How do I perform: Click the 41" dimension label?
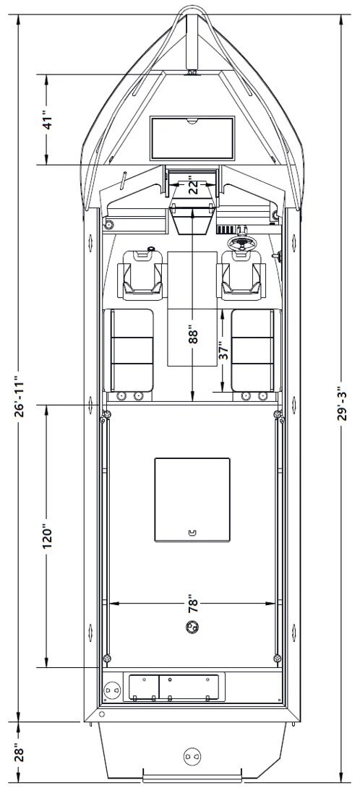coord(47,119)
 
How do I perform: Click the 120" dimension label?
coord(47,536)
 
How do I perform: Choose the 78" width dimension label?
coord(193,606)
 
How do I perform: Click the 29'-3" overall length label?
coord(343,400)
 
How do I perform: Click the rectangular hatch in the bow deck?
coord(192,137)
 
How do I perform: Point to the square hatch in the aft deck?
coord(192,500)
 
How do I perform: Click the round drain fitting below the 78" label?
coord(192,627)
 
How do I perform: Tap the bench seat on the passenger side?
coord(129,350)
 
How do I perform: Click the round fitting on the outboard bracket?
coord(191,757)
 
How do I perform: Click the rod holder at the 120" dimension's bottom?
coord(107,659)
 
